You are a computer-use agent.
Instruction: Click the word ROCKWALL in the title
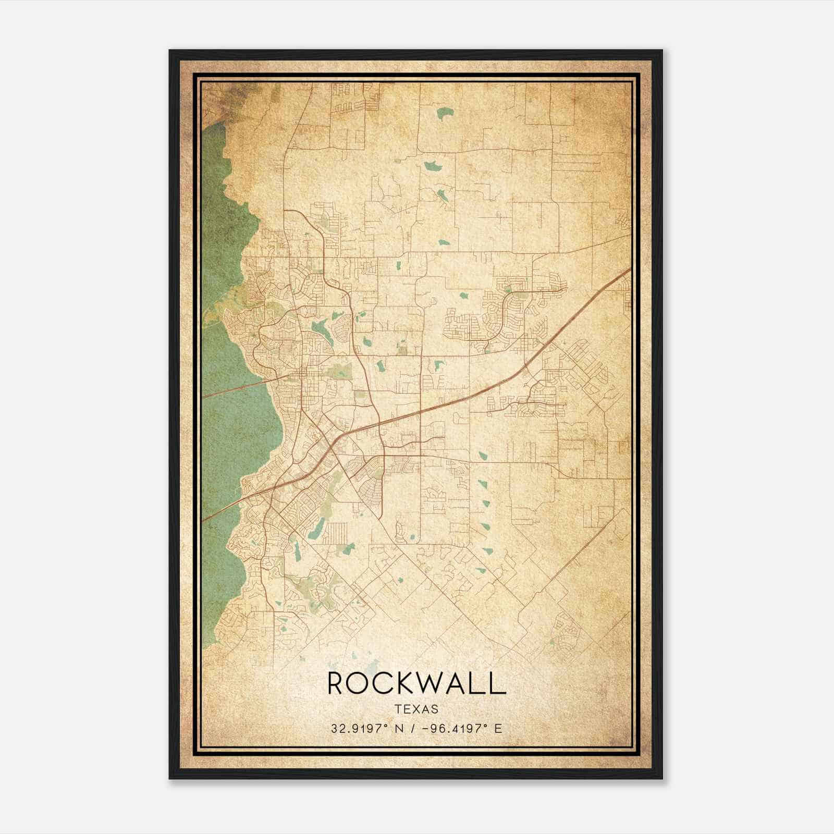point(416,683)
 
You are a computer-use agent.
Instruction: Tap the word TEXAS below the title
point(416,709)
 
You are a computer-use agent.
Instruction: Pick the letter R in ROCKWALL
point(337,683)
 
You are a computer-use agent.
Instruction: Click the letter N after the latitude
point(400,728)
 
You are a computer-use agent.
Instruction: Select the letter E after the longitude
point(498,728)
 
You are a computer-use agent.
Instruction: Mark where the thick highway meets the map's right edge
point(630,270)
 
